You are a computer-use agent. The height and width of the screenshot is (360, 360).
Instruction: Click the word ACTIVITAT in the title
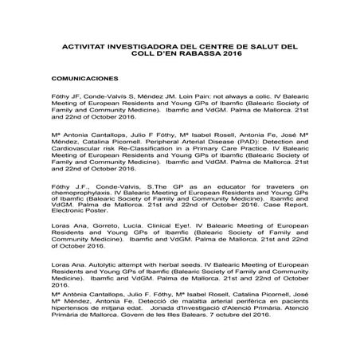coord(82,47)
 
